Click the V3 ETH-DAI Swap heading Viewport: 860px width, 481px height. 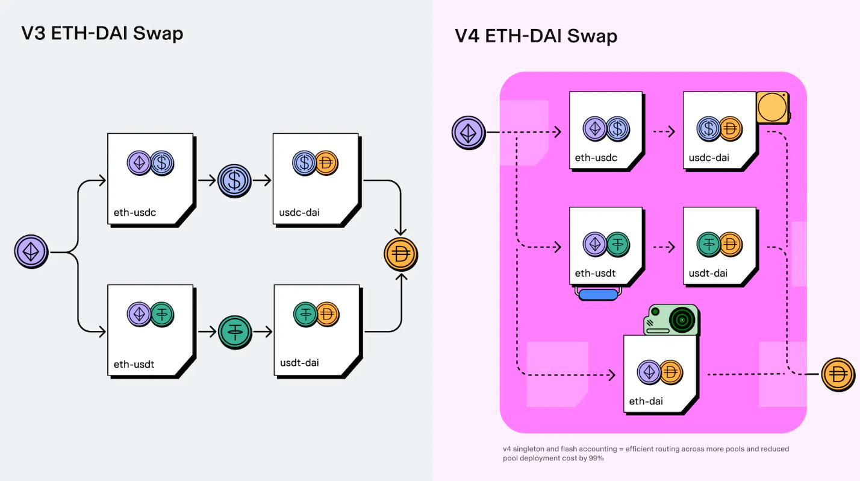pos(102,33)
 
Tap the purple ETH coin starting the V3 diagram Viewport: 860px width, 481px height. pos(31,251)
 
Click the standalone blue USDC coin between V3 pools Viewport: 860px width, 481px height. pos(234,180)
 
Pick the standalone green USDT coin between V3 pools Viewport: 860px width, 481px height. pos(234,331)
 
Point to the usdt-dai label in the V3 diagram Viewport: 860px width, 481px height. pos(299,363)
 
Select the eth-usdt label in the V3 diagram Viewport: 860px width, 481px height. pos(133,364)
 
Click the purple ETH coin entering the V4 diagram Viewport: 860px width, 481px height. pos(469,131)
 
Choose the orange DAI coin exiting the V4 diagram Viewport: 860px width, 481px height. pos(838,374)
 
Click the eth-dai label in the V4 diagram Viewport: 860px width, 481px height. pos(646,400)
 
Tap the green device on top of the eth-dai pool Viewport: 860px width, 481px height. pos(672,319)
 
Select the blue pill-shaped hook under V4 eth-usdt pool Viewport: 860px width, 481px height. pos(598,294)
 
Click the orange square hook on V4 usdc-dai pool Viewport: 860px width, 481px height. pos(773,108)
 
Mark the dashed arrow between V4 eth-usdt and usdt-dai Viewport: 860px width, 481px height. pos(663,247)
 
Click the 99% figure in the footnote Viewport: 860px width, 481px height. pos(594,458)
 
